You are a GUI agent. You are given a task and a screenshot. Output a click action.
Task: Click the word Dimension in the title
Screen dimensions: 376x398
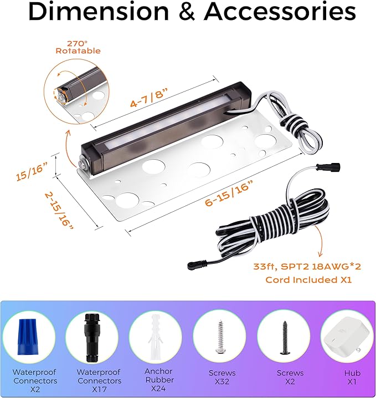point(99,11)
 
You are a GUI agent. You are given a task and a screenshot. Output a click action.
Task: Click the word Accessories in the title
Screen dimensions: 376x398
point(280,11)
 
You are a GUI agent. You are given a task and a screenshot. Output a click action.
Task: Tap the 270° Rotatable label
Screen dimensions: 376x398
point(78,47)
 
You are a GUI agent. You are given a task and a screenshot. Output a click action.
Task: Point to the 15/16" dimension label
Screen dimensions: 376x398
point(32,172)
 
